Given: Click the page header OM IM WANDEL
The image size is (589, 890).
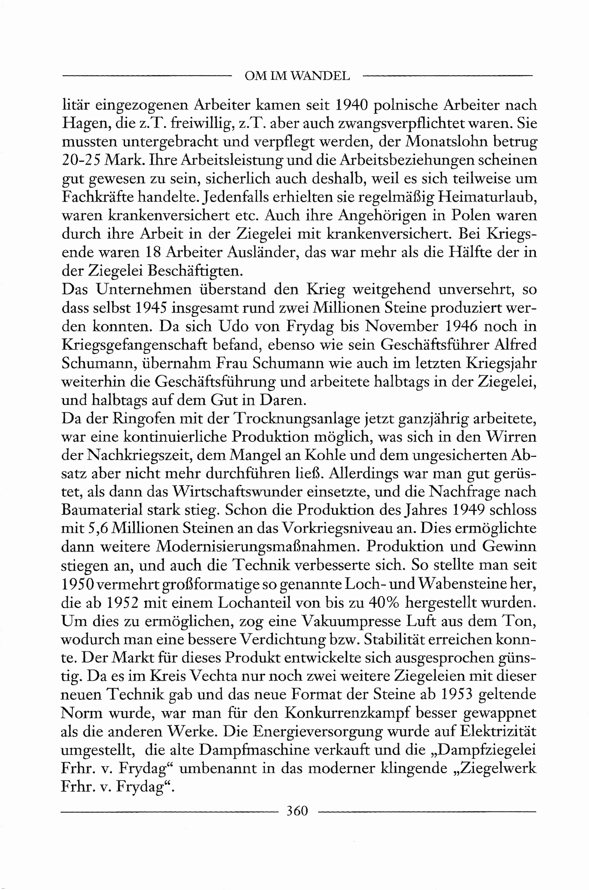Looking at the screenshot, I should pyautogui.click(x=297, y=76).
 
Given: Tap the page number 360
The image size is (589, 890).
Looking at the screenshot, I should pyautogui.click(x=297, y=811).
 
